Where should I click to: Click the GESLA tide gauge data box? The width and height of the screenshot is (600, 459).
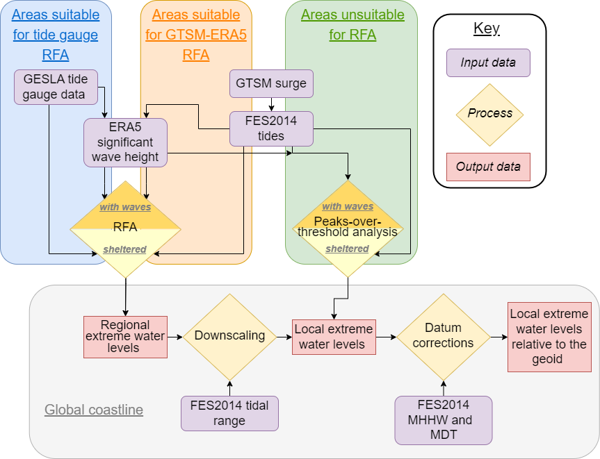(56, 87)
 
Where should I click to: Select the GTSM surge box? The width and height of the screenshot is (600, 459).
(271, 83)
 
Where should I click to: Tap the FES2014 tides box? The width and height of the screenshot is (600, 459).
(271, 128)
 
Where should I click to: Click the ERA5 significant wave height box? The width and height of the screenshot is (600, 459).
(125, 142)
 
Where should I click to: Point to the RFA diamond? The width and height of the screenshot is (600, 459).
(125, 227)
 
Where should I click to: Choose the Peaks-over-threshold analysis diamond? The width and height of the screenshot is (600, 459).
(348, 227)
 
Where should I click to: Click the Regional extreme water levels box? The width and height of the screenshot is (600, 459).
(125, 337)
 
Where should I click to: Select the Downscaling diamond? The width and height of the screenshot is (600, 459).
(229, 336)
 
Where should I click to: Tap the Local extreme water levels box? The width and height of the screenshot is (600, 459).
(334, 337)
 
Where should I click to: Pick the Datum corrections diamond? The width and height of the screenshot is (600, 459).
(444, 336)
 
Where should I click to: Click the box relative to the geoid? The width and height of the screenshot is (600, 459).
(549, 336)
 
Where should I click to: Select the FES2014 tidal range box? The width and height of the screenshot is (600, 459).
(229, 413)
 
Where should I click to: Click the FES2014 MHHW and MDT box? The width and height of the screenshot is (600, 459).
(444, 420)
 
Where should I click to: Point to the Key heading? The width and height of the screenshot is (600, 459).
(487, 29)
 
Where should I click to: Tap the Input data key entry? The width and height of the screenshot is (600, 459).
(488, 62)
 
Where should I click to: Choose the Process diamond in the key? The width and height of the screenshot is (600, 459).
(489, 114)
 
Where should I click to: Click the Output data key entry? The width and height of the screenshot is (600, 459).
(488, 167)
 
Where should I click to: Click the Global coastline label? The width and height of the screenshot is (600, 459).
(94, 410)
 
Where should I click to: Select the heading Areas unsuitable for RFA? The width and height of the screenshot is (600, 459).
(352, 25)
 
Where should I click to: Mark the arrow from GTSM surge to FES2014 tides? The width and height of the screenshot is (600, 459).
(271, 104)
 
